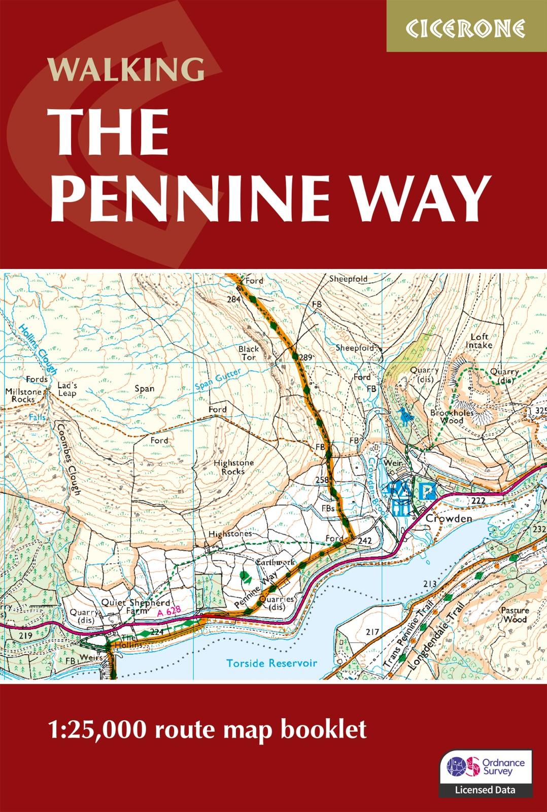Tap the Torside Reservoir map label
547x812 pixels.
coord(271,663)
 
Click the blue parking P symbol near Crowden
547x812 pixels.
coord(429,491)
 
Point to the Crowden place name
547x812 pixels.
coord(442,519)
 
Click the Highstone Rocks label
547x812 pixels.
coord(229,467)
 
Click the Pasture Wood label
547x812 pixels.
coord(514,615)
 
